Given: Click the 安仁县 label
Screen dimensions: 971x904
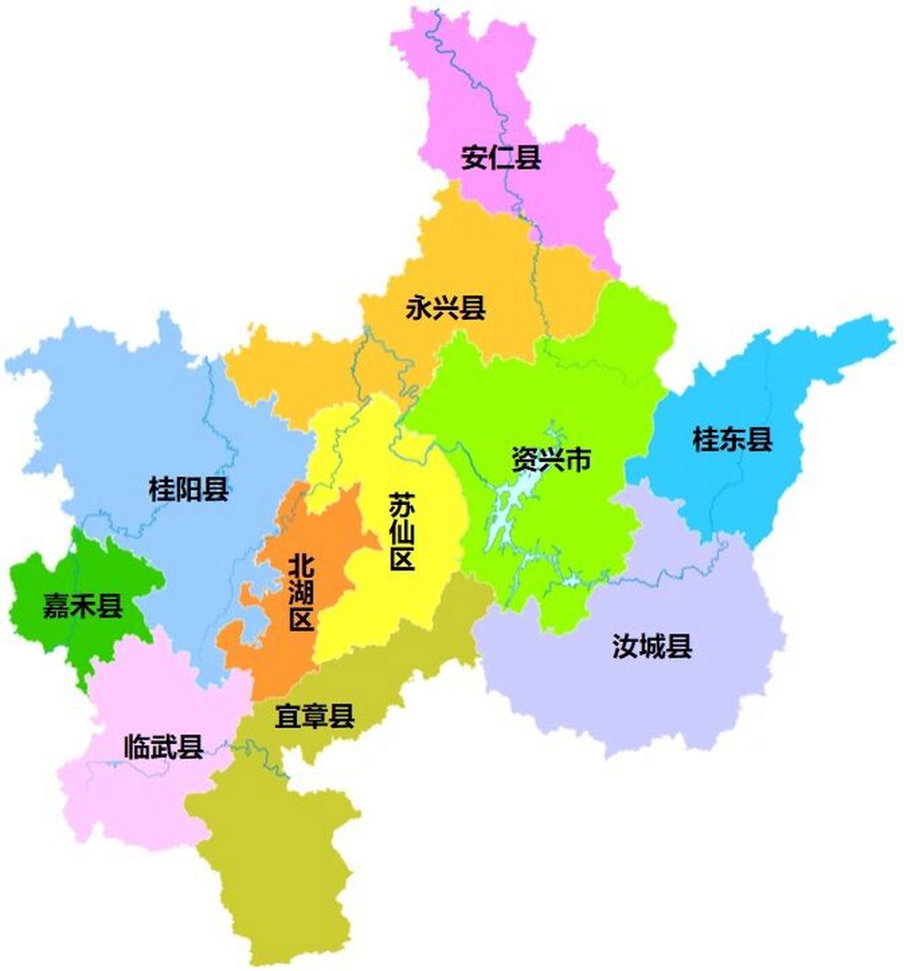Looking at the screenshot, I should [501, 159].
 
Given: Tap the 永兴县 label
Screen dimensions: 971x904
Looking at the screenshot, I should [446, 308].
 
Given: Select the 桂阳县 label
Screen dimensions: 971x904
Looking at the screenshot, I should [189, 489].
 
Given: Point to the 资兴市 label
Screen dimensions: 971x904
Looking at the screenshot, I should [550, 459].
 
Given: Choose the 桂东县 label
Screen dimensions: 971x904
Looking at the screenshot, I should [732, 439].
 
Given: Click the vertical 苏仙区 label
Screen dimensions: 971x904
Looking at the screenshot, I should [401, 532].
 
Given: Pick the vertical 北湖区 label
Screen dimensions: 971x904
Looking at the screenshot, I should [302, 592].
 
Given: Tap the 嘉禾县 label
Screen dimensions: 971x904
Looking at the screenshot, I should [83, 606].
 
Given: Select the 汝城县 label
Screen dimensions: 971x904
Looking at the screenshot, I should [652, 647].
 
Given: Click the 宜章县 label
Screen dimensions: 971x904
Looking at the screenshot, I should [315, 715].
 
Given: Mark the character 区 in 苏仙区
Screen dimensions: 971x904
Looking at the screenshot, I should [401, 560].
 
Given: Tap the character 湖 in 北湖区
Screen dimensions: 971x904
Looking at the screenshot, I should [302, 592].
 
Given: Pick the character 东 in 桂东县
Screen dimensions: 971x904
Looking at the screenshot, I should [732, 439].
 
